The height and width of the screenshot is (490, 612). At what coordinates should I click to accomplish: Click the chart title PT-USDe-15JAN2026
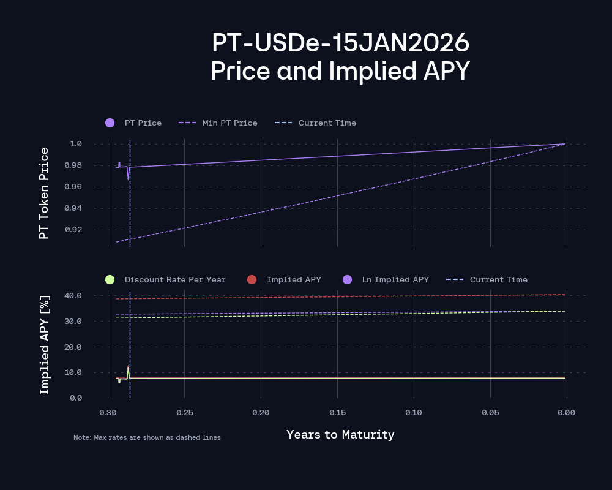(x=340, y=43)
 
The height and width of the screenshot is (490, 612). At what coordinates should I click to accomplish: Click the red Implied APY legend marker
(x=252, y=280)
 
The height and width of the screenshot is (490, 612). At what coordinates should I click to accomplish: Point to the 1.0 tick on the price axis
(x=76, y=144)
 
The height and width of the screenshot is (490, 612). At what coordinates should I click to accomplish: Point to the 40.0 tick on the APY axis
(x=73, y=296)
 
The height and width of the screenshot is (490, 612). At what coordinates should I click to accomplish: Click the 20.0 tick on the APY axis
(x=73, y=347)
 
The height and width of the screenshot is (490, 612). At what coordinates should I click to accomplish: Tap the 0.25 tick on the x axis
(x=184, y=413)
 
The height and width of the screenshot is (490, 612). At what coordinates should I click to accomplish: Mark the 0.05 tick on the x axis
(x=490, y=413)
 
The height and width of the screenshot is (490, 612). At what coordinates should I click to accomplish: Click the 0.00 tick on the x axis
(x=566, y=413)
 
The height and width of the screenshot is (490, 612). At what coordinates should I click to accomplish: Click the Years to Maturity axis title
(x=340, y=435)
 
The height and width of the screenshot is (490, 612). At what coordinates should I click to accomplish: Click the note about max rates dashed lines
(x=147, y=438)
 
